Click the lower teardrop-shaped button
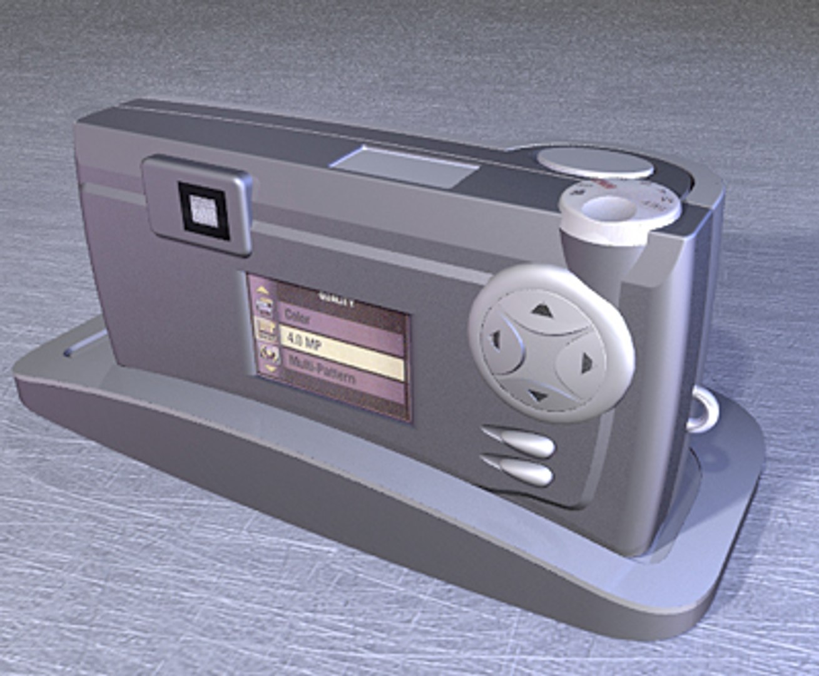coord(519,471)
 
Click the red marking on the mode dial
coord(603,185)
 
